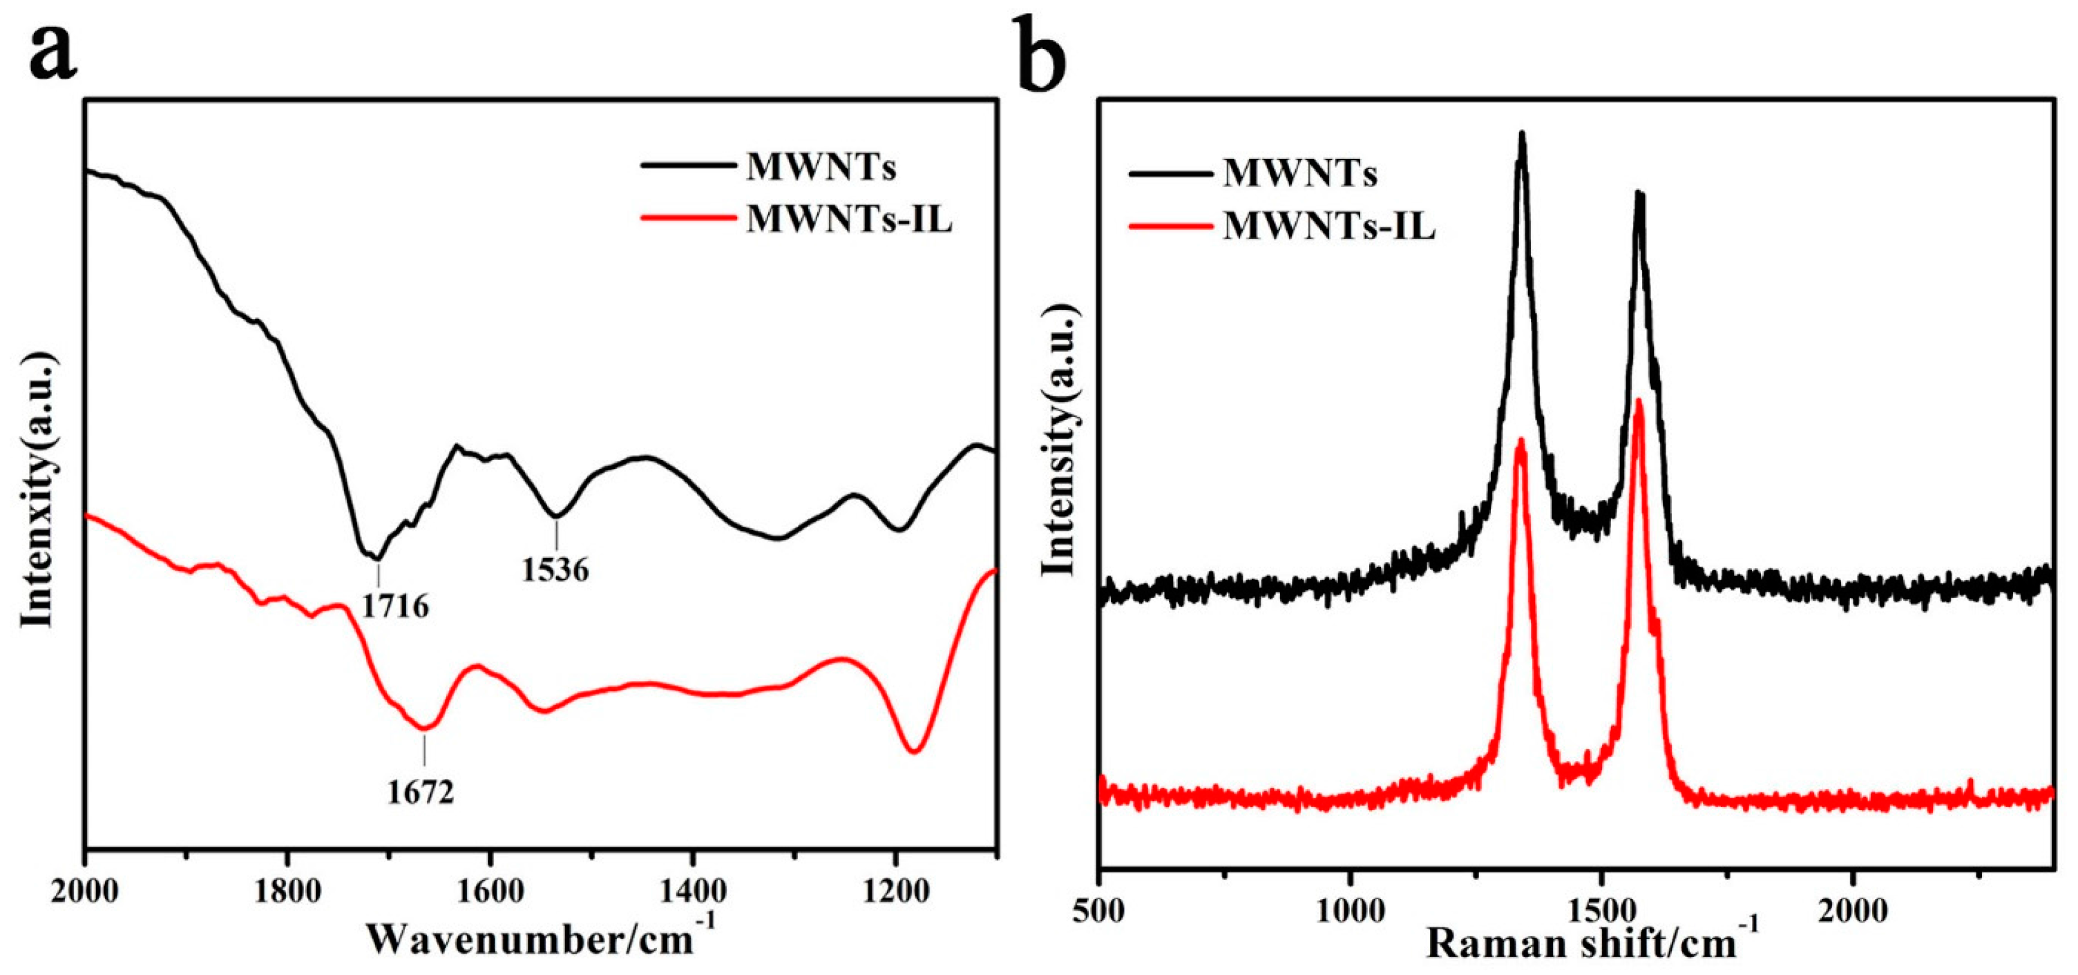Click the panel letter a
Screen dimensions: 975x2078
(53, 50)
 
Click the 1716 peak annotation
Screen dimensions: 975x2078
(394, 606)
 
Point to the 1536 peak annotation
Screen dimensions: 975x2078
(555, 570)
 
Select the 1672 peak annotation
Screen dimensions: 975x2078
(420, 793)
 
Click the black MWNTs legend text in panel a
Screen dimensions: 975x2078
(821, 168)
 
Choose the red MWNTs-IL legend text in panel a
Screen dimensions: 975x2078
(848, 220)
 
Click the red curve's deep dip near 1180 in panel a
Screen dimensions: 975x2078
(913, 751)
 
